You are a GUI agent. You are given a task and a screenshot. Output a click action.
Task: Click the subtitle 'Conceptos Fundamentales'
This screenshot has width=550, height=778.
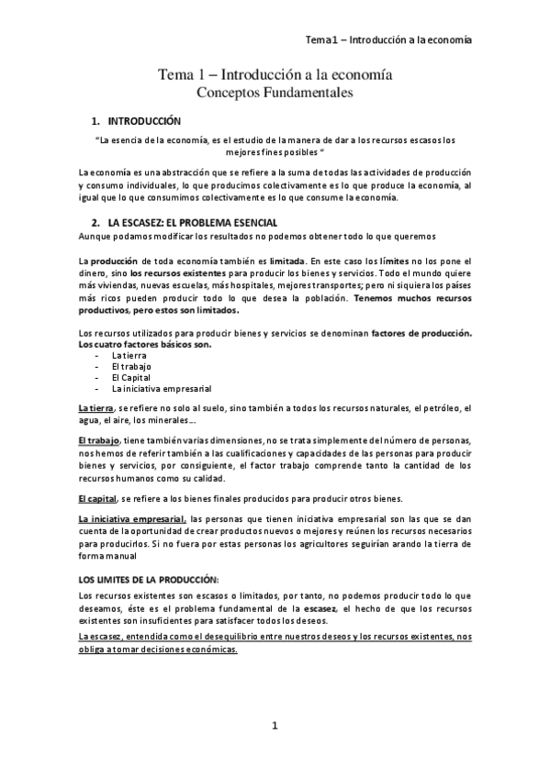click(x=275, y=93)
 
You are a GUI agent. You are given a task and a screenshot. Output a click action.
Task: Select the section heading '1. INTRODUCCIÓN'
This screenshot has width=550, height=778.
click(x=137, y=121)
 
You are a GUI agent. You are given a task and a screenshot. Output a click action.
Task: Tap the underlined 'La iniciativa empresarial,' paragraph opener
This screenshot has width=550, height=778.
click(x=132, y=519)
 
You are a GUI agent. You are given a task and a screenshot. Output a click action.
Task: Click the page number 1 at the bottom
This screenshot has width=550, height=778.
click(x=275, y=728)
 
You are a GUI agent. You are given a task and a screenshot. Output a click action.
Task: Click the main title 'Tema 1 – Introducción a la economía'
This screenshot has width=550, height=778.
click(x=275, y=75)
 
